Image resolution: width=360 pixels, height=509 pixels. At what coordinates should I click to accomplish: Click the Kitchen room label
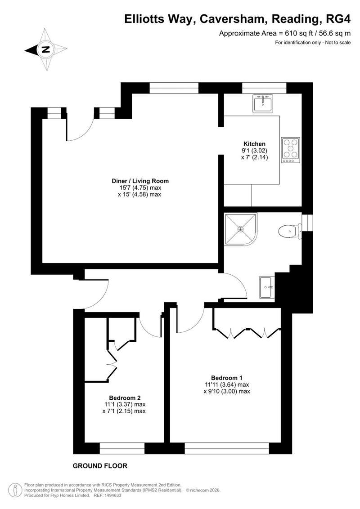tap(254, 144)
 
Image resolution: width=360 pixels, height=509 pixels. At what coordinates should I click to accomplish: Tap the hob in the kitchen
tap(290, 150)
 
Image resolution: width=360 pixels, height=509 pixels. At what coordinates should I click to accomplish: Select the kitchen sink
tap(263, 103)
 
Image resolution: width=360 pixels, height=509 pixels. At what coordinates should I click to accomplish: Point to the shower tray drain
tap(240, 229)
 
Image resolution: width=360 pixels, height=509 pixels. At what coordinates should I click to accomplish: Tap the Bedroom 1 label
tap(226, 378)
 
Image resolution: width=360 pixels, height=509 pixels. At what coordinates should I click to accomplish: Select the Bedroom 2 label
tap(125, 397)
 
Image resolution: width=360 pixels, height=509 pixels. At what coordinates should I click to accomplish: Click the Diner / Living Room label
tap(140, 181)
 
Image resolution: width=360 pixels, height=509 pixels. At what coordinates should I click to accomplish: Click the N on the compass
tap(46, 49)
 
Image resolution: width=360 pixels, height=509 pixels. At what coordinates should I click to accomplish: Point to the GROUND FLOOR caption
tap(100, 466)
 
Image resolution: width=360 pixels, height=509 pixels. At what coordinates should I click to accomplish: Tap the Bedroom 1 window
tap(227, 448)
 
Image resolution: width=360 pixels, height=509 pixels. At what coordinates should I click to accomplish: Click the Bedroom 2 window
tap(122, 448)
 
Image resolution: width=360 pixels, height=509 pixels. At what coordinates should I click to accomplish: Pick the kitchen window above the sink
tap(264, 88)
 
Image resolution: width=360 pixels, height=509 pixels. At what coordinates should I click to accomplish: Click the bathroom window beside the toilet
tap(307, 223)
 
